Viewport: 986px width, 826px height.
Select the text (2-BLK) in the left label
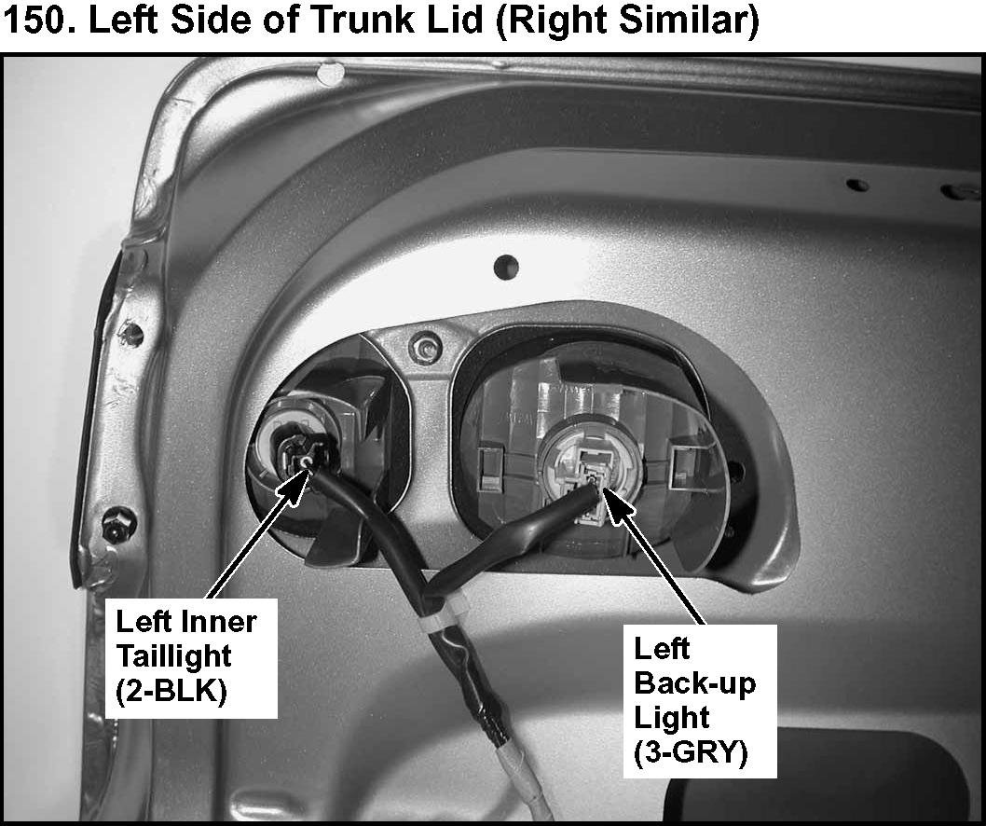pyautogui.click(x=171, y=692)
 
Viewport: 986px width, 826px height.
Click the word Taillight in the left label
pyautogui.click(x=174, y=655)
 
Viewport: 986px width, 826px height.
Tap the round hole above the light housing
pyautogui.click(x=506, y=267)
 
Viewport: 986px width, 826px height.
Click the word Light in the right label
pyautogui.click(x=672, y=718)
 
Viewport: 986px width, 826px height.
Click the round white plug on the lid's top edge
pyautogui.click(x=330, y=73)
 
